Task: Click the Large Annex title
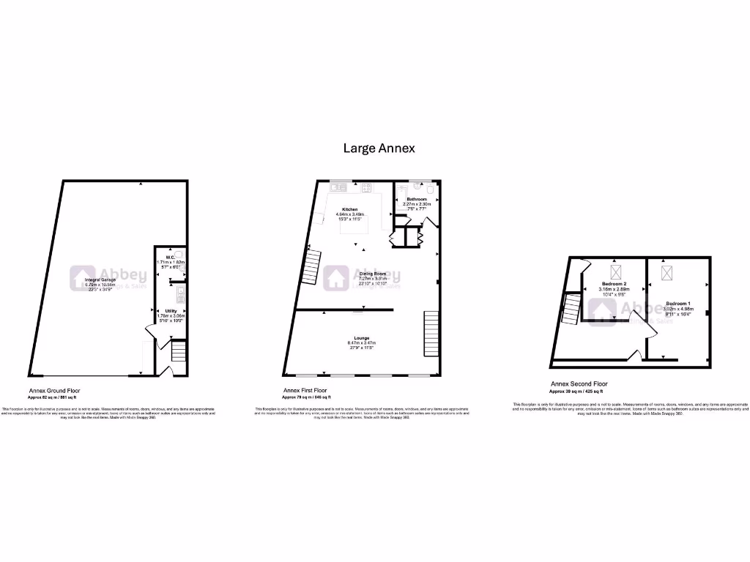pos(379,148)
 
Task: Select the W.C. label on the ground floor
pos(170,257)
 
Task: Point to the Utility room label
pos(170,310)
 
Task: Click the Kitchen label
pos(349,209)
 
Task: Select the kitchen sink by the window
pos(339,188)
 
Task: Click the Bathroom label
pos(417,199)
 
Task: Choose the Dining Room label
pos(371,274)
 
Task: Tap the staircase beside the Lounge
pos(431,334)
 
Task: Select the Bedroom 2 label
pos(614,284)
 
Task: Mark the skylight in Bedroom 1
pos(667,273)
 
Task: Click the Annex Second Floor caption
pos(579,383)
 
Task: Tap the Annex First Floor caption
pos(305,391)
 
